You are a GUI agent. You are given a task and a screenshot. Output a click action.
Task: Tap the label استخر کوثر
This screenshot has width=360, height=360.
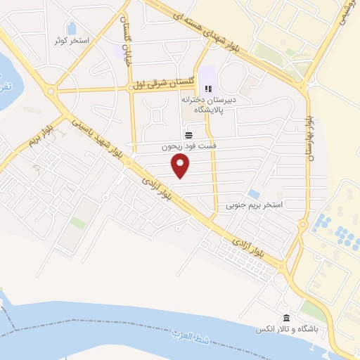[72, 40]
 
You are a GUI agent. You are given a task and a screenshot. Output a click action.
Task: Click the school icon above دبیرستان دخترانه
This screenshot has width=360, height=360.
[207, 89]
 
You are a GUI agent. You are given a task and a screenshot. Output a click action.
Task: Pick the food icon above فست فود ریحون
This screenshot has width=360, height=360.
[188, 134]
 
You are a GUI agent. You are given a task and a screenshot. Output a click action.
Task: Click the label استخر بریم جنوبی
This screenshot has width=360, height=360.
[254, 206]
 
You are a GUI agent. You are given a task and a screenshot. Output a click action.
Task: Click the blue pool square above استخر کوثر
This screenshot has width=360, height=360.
[72, 28]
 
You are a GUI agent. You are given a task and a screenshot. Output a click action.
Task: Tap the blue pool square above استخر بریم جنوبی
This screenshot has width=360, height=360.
[254, 194]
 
